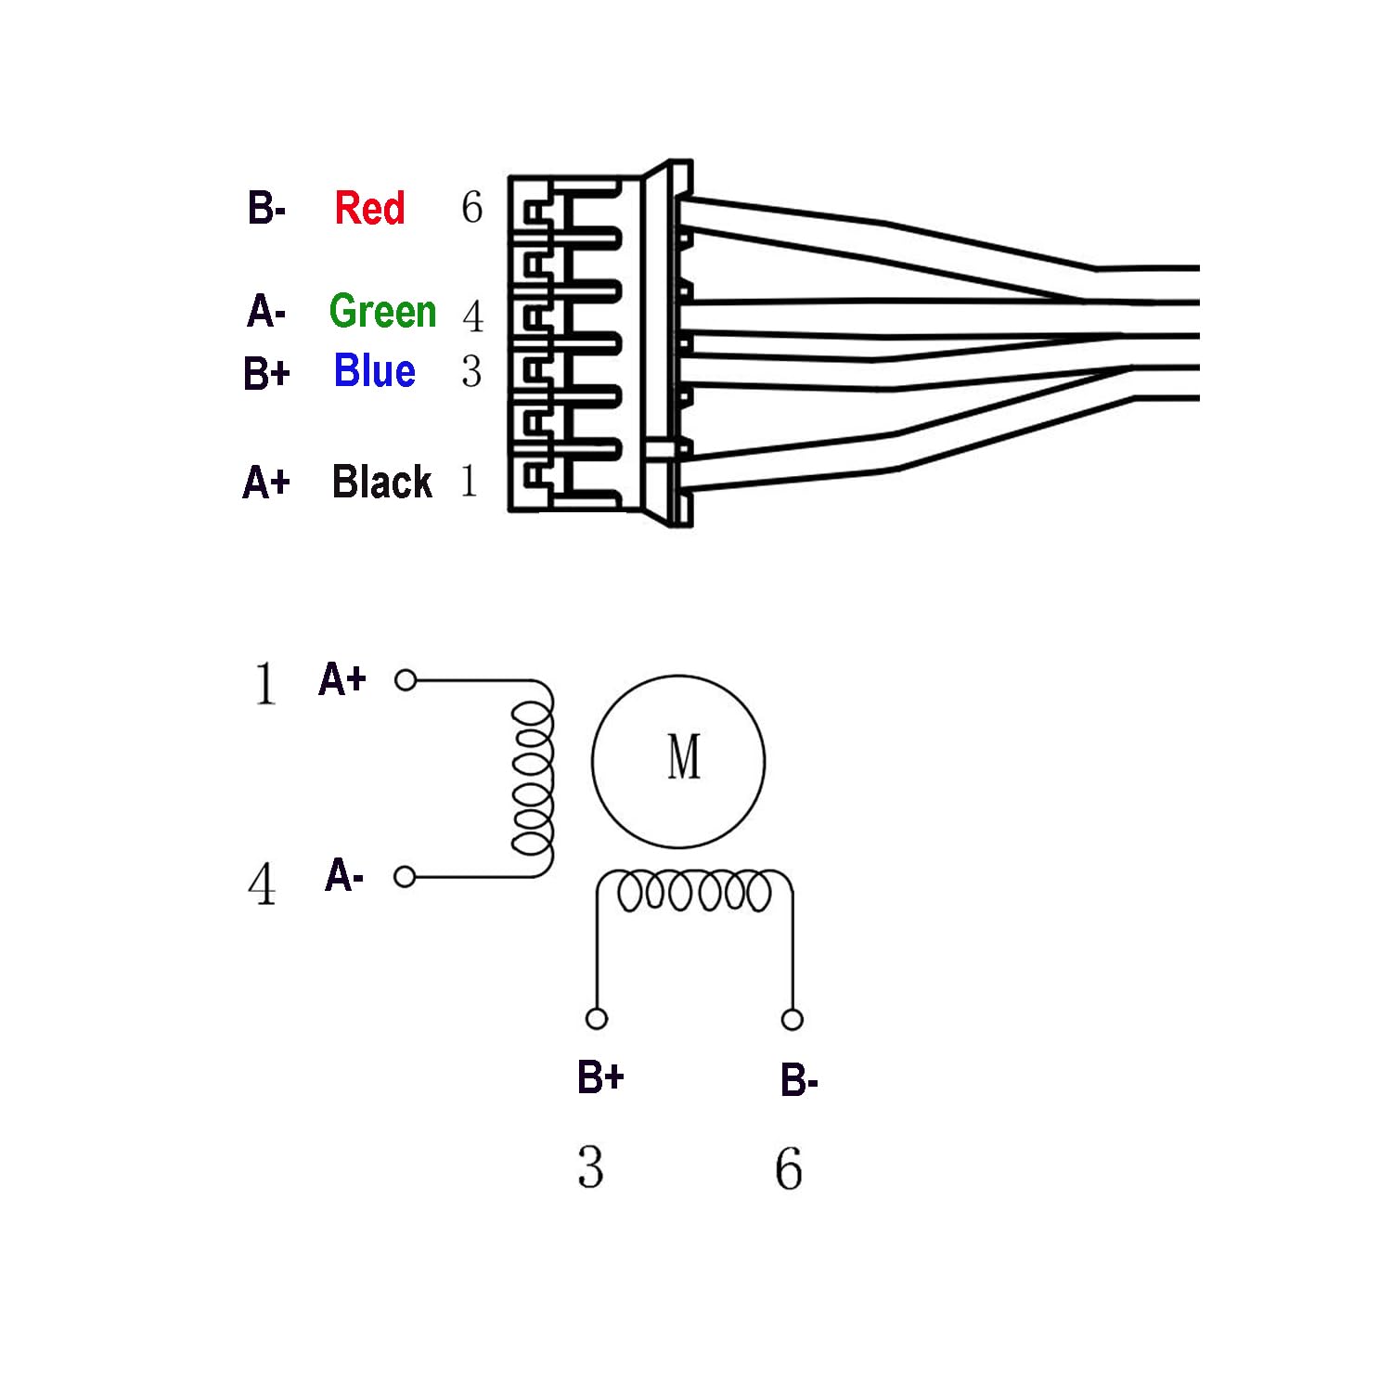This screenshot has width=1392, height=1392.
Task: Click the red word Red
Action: (369, 208)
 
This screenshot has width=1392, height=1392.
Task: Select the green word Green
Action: (382, 311)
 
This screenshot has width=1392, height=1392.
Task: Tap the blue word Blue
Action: (374, 370)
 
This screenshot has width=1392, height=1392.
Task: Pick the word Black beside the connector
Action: (381, 482)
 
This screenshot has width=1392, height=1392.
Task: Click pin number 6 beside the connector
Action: (472, 207)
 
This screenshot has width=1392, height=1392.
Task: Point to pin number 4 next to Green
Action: (472, 316)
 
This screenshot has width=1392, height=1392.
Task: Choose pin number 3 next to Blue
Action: (471, 371)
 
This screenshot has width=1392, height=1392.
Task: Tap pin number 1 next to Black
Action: (470, 481)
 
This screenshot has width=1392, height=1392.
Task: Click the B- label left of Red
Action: (265, 208)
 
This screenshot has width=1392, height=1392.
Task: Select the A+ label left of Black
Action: (266, 483)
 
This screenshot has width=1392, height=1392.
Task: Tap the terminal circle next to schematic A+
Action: (406, 680)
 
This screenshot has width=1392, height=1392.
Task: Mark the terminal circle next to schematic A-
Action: (405, 876)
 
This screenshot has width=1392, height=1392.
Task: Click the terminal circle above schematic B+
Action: (597, 1019)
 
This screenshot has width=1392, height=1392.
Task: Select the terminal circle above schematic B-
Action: (792, 1020)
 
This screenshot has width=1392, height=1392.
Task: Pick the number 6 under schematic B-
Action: (789, 1168)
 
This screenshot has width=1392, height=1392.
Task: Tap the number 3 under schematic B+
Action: (590, 1167)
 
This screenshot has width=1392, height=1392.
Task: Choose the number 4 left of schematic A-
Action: (263, 883)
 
